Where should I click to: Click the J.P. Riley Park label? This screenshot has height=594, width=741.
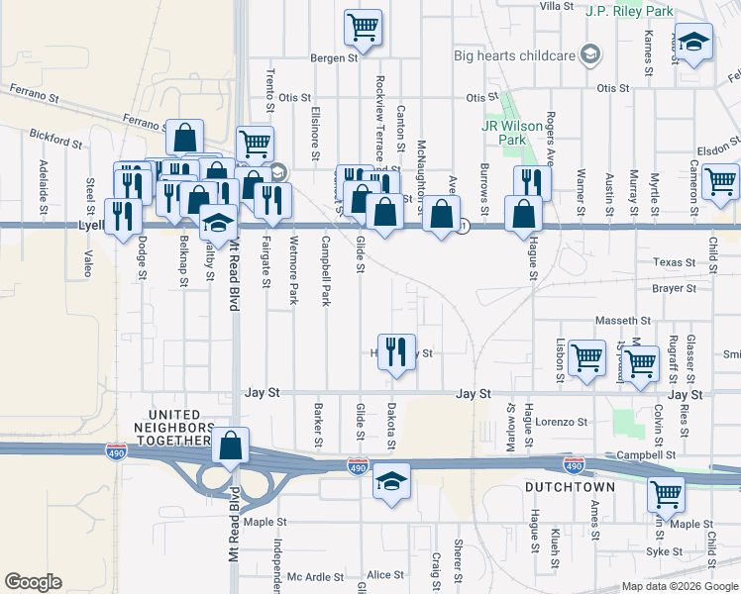click(x=629, y=11)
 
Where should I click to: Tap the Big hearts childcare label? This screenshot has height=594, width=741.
click(x=515, y=55)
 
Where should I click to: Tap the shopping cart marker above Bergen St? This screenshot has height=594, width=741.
click(x=364, y=27)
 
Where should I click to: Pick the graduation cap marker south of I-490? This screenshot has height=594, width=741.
click(x=392, y=482)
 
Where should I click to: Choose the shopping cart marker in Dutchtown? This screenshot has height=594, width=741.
click(x=667, y=493)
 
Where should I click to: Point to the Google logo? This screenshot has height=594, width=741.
click(x=33, y=582)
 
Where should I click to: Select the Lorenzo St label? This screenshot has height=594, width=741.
click(x=565, y=422)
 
